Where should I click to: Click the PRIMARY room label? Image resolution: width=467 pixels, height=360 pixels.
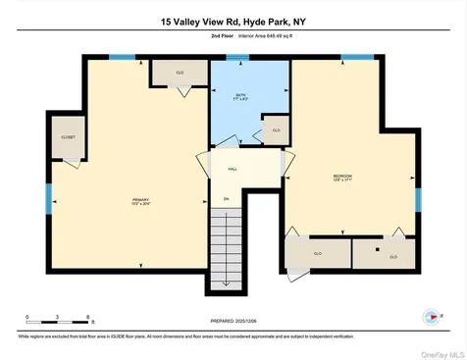140,202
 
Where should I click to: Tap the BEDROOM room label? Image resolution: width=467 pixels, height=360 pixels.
342,178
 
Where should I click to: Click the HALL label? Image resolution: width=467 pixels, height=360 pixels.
233,169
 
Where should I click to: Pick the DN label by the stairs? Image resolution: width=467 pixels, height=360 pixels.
226,199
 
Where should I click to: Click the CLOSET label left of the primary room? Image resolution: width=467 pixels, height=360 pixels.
68,137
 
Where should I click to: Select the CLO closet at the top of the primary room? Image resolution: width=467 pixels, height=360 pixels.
179,73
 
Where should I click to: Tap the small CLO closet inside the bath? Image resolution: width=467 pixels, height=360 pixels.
276,129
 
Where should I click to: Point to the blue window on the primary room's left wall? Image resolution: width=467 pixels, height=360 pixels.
47,197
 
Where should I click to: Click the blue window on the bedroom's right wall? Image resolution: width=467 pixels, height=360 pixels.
417,199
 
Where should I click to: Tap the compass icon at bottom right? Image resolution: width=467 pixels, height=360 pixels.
429,316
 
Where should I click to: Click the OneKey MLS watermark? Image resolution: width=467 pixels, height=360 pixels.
441,352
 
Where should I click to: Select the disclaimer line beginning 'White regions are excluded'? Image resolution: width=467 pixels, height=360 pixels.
147,335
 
